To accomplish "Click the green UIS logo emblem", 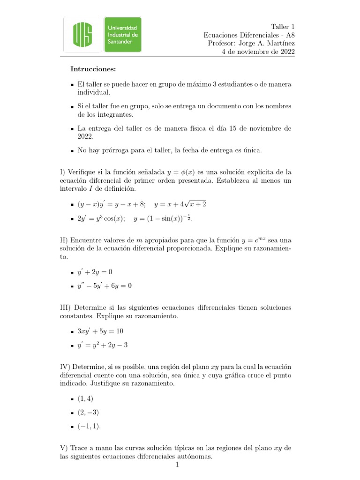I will (x=82, y=35).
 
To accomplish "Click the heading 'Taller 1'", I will (x=283, y=27).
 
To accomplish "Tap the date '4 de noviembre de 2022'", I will (x=258, y=52).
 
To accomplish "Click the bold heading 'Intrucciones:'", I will (x=93, y=69).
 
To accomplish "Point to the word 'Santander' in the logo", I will (x=120, y=42).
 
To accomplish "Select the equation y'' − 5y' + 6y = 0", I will (x=105, y=285).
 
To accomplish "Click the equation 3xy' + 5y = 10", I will (x=100, y=331).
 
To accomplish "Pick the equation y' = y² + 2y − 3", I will (x=103, y=345).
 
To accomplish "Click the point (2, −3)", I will (x=88, y=412).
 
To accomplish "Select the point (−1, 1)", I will (x=89, y=426).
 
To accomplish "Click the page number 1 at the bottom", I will (x=178, y=465).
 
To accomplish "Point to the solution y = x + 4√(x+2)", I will (x=180, y=204).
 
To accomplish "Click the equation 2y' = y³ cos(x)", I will (x=101, y=218).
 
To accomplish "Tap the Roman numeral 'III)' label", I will (x=67, y=307).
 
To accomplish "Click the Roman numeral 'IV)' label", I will (x=67, y=366).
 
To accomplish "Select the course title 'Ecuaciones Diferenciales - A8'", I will (x=249, y=35).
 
